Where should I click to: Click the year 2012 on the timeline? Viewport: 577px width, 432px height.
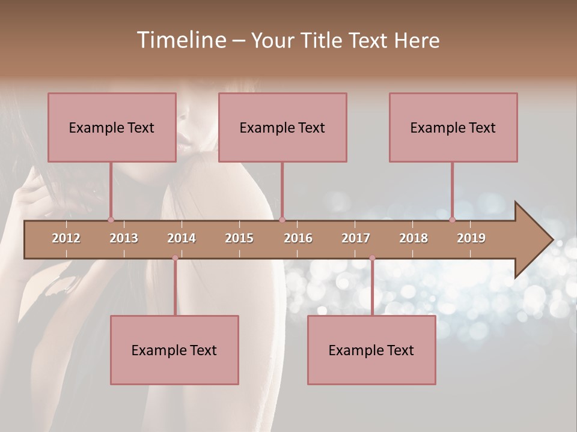coord(66,238)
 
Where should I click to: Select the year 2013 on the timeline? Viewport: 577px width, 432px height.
coord(124,238)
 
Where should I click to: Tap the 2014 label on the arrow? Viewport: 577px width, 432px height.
coord(182,238)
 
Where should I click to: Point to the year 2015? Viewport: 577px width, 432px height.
coord(239,238)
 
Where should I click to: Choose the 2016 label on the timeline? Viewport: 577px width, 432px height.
coord(298,238)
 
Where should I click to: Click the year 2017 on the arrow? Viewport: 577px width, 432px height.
coord(356,238)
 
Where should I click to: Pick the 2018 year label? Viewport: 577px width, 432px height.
coord(414,238)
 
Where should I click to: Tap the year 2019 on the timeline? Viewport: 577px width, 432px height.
coord(471,238)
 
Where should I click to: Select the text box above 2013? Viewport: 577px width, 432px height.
coord(112,127)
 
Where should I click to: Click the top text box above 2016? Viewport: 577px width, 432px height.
coord(282,127)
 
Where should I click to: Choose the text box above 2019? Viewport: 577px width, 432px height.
coord(453,127)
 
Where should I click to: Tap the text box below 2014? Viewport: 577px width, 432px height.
coord(174,350)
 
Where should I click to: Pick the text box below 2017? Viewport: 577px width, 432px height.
coord(371,350)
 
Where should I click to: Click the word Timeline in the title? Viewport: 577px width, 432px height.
coord(181,40)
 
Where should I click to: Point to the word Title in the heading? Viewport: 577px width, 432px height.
coord(324,40)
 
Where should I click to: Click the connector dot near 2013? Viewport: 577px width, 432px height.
coord(111,220)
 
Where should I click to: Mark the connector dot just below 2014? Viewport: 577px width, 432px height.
coord(175,258)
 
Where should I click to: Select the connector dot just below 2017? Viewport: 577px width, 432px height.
coord(372,258)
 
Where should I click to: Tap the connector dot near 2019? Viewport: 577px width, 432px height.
coord(453,220)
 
